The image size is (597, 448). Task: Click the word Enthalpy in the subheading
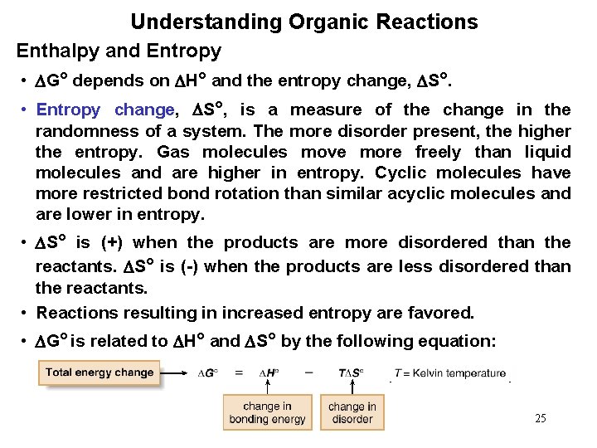pos(55,51)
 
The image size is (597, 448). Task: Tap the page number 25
pos(540,418)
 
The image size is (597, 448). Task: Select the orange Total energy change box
pos(99,373)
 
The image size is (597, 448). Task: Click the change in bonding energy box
pos(267,412)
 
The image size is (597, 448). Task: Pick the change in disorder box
pos(352,412)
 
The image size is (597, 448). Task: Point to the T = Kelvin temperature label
pos(449,373)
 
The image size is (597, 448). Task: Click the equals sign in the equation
pos(239,373)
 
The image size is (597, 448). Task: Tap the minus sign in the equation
pos(308,373)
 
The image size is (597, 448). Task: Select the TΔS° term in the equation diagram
pos(351,373)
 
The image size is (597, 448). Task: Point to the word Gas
pos(173,152)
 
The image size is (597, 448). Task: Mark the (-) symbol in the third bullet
pos(192,266)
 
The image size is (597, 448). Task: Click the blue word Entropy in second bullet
pos(68,110)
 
